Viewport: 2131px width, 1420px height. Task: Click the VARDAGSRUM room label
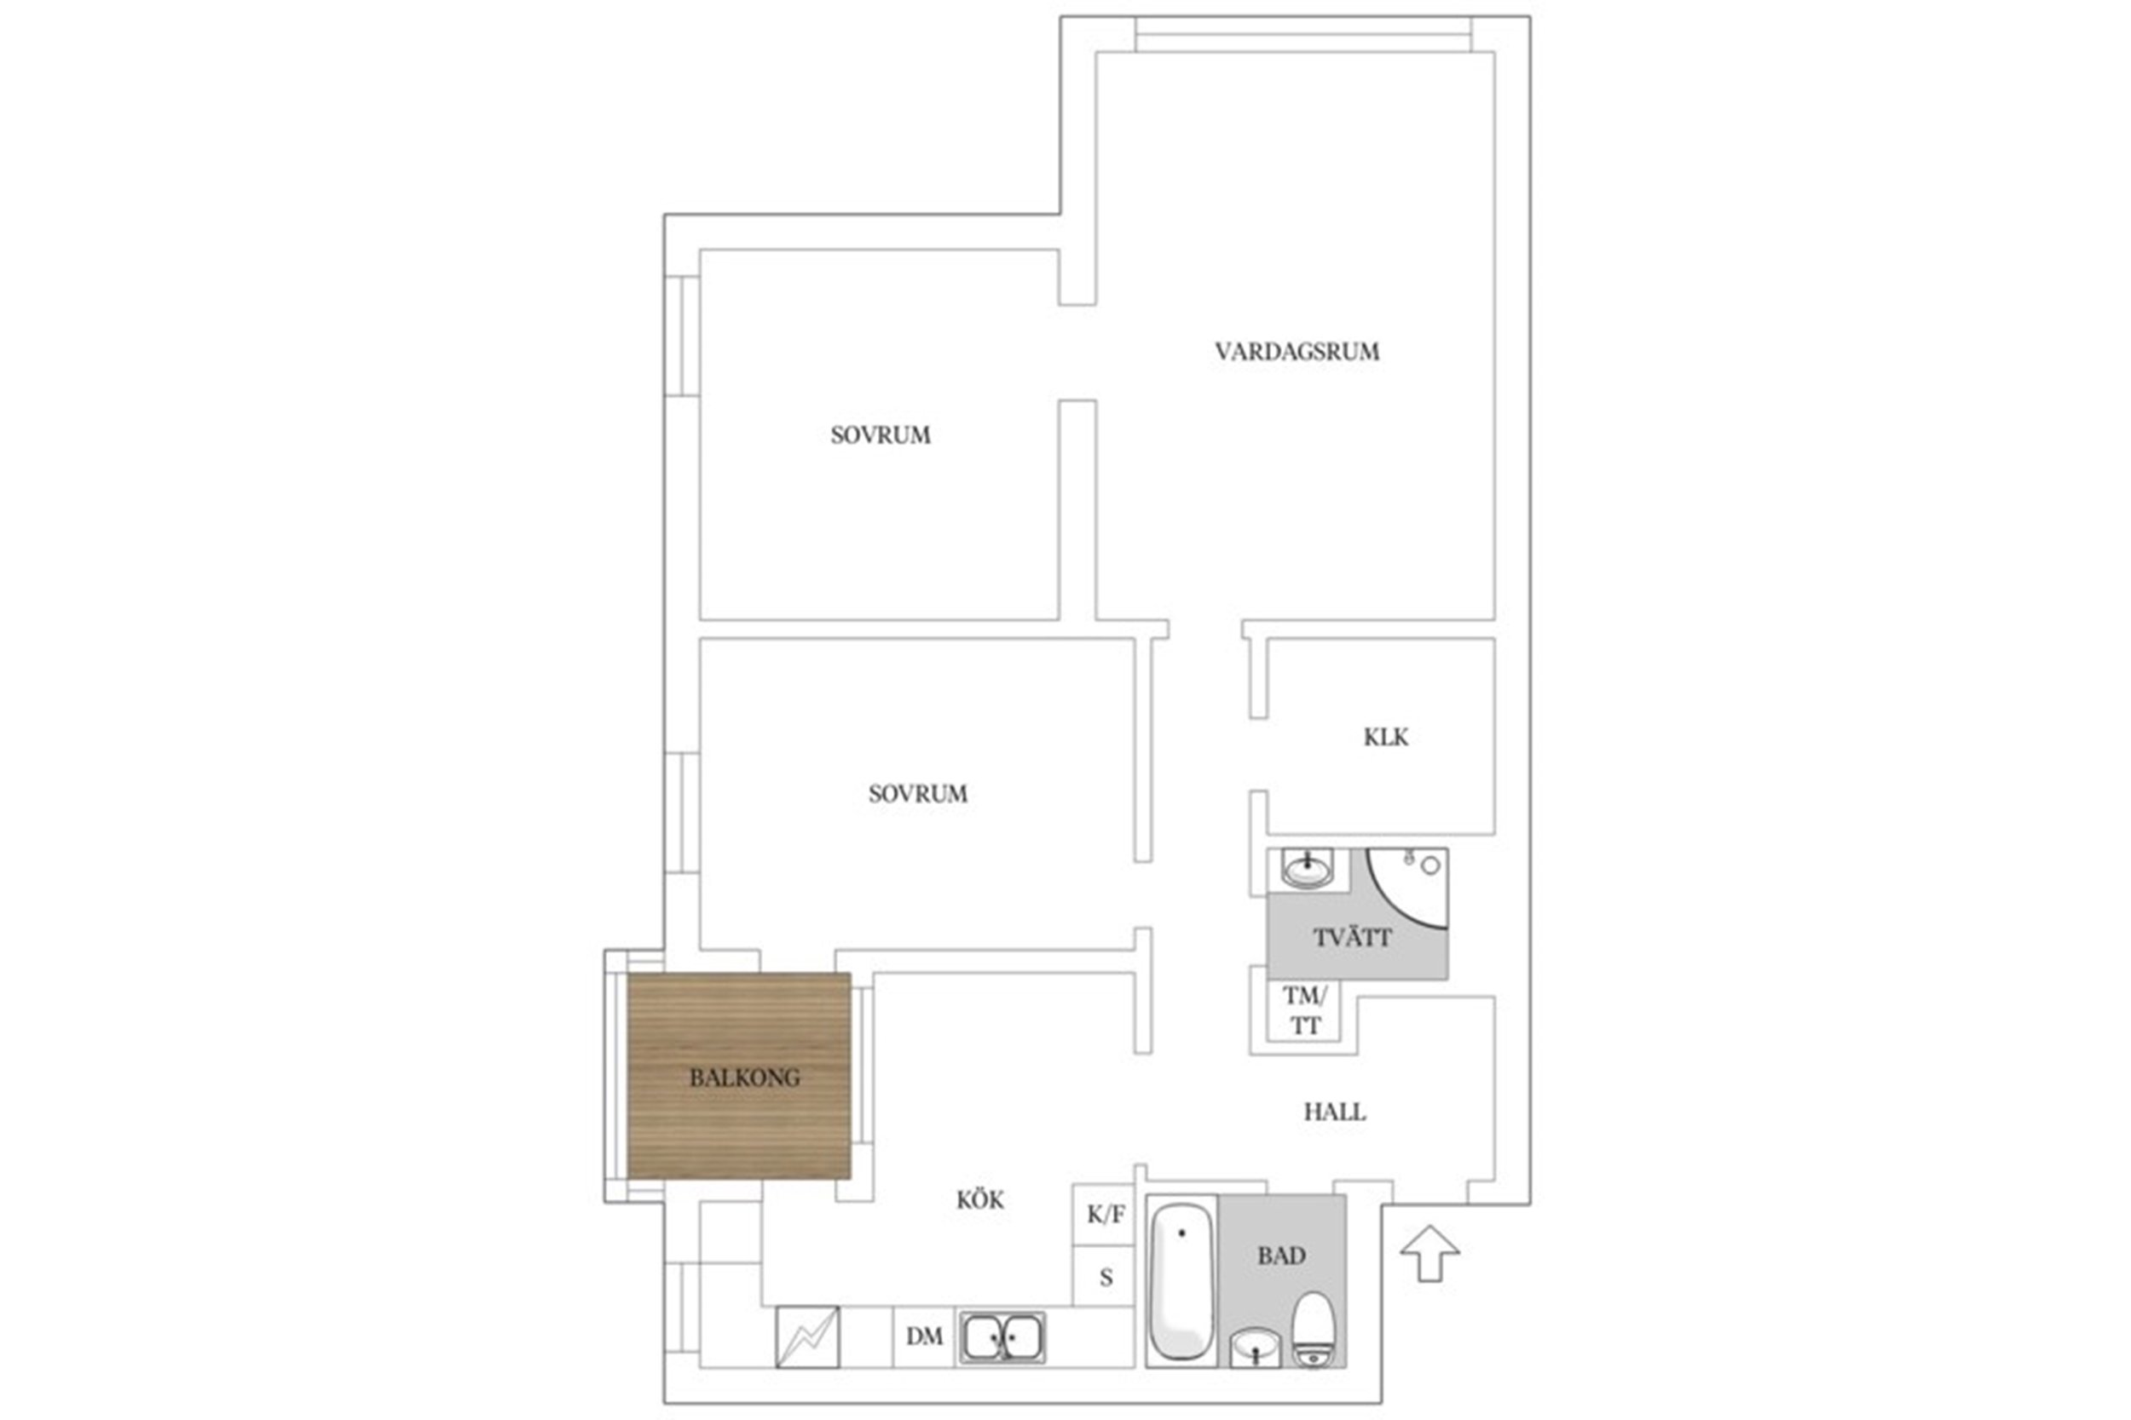point(1297,351)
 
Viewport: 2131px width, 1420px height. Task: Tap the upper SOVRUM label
point(881,434)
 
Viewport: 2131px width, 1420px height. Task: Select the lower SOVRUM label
point(918,794)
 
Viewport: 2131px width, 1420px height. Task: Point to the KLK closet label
point(1386,737)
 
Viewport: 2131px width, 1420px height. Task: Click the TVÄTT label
point(1352,937)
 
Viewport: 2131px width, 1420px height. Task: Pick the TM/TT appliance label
point(1305,1010)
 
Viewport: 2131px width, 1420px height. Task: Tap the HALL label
point(1335,1112)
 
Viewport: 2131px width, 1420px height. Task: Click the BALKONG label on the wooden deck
point(745,1078)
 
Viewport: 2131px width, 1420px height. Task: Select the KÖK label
point(980,1200)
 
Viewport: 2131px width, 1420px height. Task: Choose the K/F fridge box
point(1104,1215)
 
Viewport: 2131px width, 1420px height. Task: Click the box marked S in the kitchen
point(1104,1276)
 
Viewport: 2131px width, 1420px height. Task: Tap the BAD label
point(1281,1256)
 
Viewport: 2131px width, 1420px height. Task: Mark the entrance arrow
point(1429,1253)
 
